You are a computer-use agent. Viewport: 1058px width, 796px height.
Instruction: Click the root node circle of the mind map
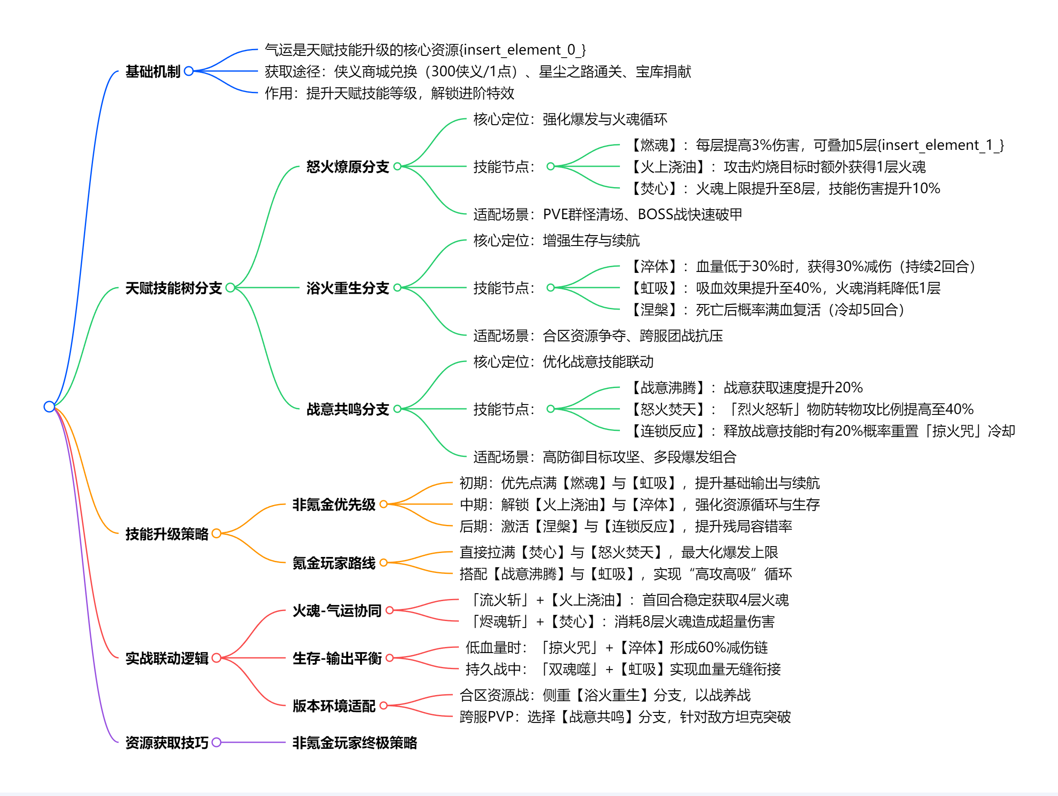pos(49,407)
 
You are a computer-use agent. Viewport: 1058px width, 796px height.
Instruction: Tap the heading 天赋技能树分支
pos(174,288)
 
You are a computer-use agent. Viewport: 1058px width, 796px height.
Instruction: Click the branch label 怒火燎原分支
pos(348,166)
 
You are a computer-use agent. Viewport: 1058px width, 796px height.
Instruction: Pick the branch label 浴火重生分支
pos(348,288)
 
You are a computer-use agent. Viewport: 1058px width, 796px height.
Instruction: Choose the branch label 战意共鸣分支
pos(348,409)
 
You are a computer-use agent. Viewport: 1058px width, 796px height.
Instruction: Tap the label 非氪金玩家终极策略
pos(355,742)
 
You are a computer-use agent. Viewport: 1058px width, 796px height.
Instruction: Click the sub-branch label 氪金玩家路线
pos(334,563)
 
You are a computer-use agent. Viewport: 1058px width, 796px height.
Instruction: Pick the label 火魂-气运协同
pos(337,610)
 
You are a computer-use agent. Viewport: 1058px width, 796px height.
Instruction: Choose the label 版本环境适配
pos(334,705)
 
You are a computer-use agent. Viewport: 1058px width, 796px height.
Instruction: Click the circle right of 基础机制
pos(189,71)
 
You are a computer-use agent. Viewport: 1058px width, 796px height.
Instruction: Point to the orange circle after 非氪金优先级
pos(384,504)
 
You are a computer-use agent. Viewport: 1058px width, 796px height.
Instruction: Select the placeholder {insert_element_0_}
pos(523,50)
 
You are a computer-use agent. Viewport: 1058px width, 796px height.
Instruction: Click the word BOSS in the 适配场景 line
pos(655,214)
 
